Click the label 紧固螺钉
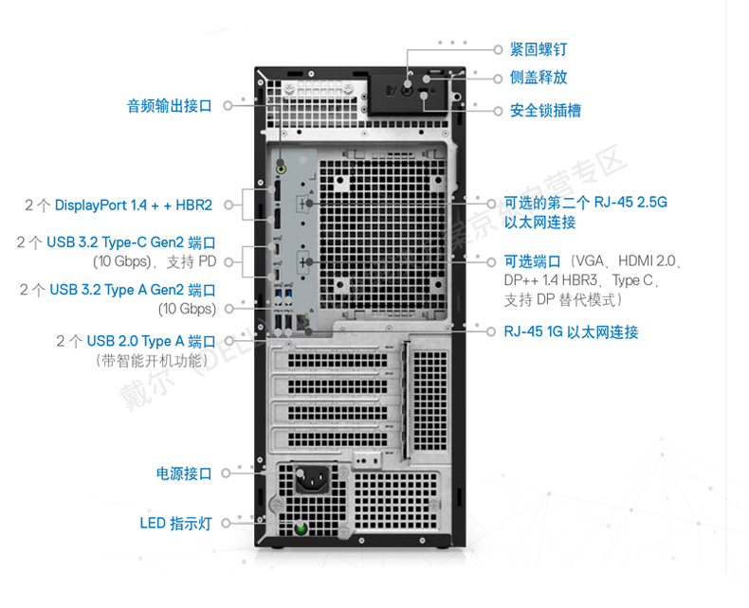click(539, 49)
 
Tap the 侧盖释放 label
click(539, 78)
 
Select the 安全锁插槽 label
click(545, 111)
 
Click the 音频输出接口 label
click(170, 105)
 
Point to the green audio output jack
click(281, 169)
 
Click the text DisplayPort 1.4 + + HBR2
click(134, 206)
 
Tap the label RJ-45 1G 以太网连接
click(571, 331)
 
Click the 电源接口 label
click(184, 474)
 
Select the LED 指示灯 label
click(175, 523)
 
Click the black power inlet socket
click(312, 479)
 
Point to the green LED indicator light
click(301, 528)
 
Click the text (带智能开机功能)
click(153, 360)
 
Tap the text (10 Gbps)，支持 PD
click(155, 261)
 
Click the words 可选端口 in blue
click(532, 261)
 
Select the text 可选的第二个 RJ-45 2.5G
click(586, 203)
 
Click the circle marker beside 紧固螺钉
click(497, 49)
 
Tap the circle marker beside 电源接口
click(226, 474)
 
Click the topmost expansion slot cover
click(338, 358)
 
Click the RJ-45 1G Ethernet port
click(303, 322)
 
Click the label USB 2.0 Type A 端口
click(151, 341)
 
